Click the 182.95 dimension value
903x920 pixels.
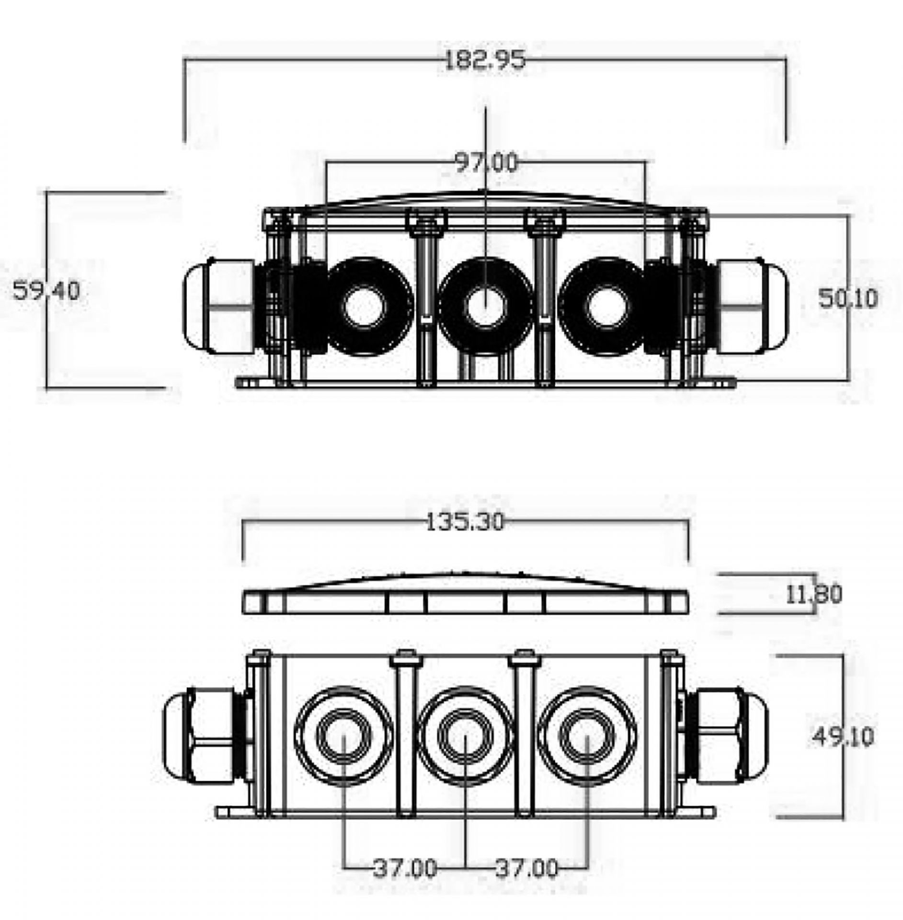click(485, 61)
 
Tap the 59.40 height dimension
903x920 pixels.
click(46, 291)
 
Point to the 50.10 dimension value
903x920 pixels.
click(848, 299)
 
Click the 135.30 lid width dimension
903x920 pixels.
click(465, 522)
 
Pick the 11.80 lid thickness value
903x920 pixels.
click(813, 594)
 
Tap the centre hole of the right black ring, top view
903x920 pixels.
click(607, 307)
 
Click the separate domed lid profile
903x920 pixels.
click(466, 593)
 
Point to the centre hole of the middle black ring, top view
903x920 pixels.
click(485, 307)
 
